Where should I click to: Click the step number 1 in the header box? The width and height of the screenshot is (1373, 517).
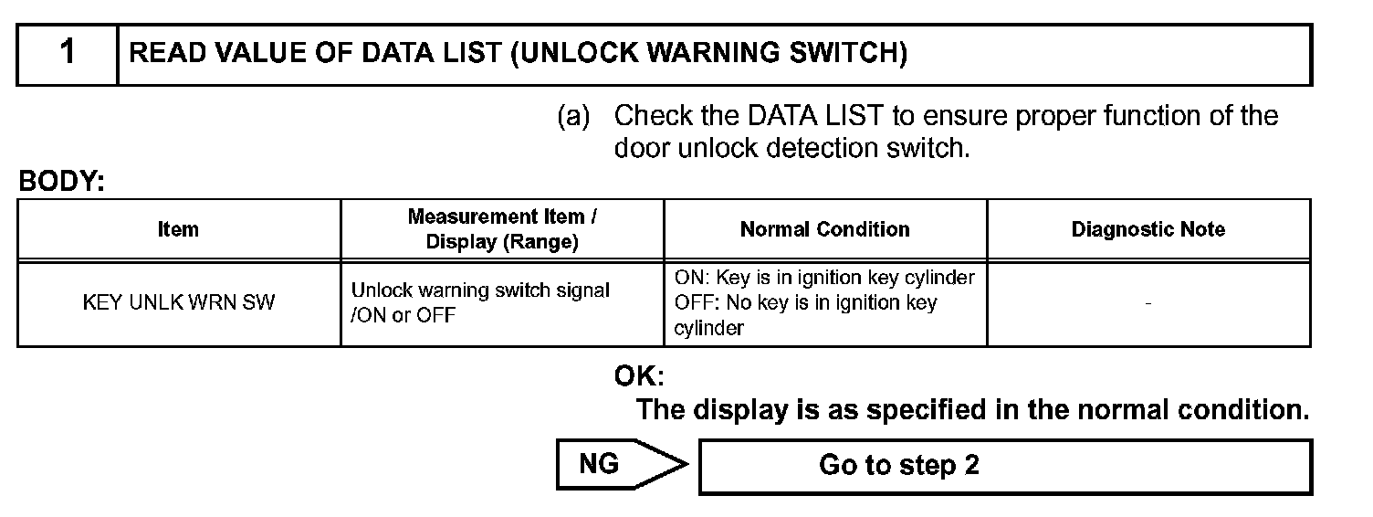[x=68, y=51]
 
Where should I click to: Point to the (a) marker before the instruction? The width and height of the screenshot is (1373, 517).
[x=573, y=115]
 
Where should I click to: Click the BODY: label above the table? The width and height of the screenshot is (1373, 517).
[x=62, y=182]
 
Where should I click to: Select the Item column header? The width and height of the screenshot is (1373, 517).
[x=178, y=229]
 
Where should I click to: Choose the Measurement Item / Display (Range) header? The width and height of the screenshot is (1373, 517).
[x=502, y=229]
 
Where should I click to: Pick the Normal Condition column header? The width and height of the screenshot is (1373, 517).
[x=825, y=229]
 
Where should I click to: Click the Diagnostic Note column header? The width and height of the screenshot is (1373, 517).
[x=1148, y=229]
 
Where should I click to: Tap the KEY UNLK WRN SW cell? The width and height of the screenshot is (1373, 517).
[x=178, y=302]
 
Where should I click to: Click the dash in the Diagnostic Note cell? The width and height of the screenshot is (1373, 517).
[x=1148, y=303]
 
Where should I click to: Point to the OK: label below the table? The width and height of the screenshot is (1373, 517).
[x=639, y=376]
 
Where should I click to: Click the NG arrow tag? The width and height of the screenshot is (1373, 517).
[x=622, y=464]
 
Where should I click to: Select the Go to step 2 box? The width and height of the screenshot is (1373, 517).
[x=1005, y=466]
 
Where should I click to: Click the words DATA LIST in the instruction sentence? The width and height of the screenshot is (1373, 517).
[x=815, y=115]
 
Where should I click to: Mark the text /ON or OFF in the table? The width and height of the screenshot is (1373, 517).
[x=403, y=315]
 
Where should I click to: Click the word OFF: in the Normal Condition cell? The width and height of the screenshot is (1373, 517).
[x=693, y=302]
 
